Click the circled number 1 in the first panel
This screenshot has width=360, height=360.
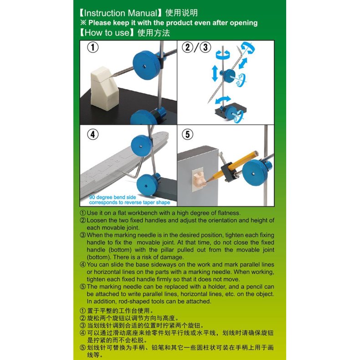(x=93, y=47)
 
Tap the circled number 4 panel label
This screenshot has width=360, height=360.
(x=93, y=134)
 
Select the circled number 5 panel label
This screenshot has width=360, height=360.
(x=188, y=134)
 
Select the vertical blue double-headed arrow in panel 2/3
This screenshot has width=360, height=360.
(x=215, y=73)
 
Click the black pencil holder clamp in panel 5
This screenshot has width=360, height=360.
(x=228, y=172)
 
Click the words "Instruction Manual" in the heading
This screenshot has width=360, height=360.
(x=121, y=13)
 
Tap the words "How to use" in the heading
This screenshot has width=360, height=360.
(x=107, y=33)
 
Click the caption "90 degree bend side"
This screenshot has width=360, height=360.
(x=113, y=197)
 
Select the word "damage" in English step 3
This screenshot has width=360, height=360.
(x=171, y=257)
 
